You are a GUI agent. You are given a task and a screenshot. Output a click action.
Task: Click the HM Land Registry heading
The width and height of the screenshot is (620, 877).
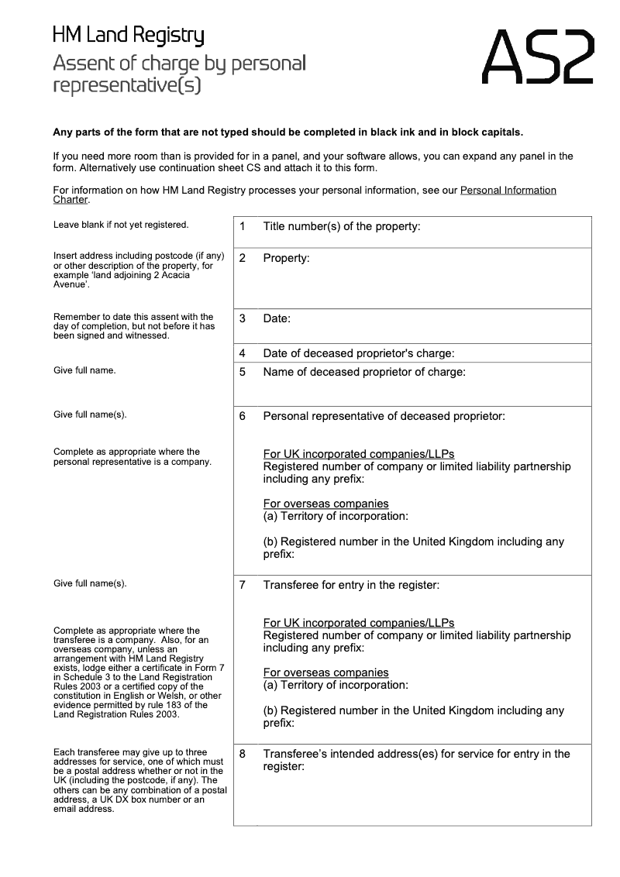pyautogui.click(x=128, y=36)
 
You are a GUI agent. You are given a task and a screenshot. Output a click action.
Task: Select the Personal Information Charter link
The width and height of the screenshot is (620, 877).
pyautogui.click(x=508, y=190)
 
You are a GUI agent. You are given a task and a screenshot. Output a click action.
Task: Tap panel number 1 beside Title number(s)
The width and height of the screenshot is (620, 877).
pyautogui.click(x=243, y=227)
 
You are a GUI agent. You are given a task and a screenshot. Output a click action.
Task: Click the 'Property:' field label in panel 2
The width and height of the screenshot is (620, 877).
pyautogui.click(x=286, y=258)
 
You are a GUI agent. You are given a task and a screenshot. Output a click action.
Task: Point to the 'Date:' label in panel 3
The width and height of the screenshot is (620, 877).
pyautogui.click(x=277, y=318)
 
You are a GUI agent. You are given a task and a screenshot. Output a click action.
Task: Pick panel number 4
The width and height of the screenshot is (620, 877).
pyautogui.click(x=243, y=353)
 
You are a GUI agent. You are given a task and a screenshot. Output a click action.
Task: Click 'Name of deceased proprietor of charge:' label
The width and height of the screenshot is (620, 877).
pyautogui.click(x=364, y=372)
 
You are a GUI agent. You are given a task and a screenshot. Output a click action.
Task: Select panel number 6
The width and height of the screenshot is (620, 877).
pyautogui.click(x=243, y=416)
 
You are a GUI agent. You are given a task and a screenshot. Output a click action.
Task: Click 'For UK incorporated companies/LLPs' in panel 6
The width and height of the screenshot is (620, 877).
pyautogui.click(x=359, y=454)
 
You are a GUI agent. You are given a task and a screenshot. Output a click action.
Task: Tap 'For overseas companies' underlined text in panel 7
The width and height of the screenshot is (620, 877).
pyautogui.click(x=325, y=672)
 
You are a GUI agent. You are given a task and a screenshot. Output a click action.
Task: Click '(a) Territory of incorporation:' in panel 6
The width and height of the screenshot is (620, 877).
pyautogui.click(x=336, y=516)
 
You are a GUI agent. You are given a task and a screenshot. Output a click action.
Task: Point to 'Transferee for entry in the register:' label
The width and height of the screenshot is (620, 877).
pyautogui.click(x=351, y=585)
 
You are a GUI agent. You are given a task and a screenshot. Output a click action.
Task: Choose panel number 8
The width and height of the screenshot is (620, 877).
pyautogui.click(x=243, y=754)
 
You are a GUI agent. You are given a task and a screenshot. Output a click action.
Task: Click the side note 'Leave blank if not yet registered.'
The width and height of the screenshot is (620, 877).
pyautogui.click(x=121, y=225)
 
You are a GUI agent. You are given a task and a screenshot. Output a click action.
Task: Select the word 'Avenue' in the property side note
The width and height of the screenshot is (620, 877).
pyautogui.click(x=71, y=284)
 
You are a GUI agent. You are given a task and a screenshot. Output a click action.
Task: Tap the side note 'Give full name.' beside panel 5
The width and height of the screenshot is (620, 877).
pyautogui.click(x=84, y=370)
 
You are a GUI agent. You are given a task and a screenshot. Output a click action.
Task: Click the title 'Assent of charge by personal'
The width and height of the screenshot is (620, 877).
pyautogui.click(x=179, y=63)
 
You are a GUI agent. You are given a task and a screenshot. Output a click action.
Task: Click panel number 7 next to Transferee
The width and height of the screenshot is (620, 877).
pyautogui.click(x=243, y=585)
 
